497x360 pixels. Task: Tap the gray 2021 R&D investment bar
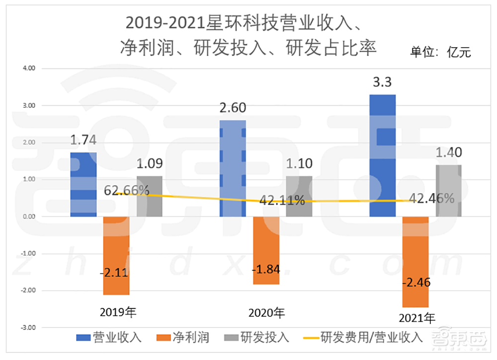tap(449, 191)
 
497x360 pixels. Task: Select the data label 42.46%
tap(431, 199)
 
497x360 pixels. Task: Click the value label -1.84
tap(266, 270)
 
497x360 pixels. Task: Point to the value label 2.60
tap(233, 108)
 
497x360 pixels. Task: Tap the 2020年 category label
tap(266, 313)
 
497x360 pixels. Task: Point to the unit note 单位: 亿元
tap(440, 52)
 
